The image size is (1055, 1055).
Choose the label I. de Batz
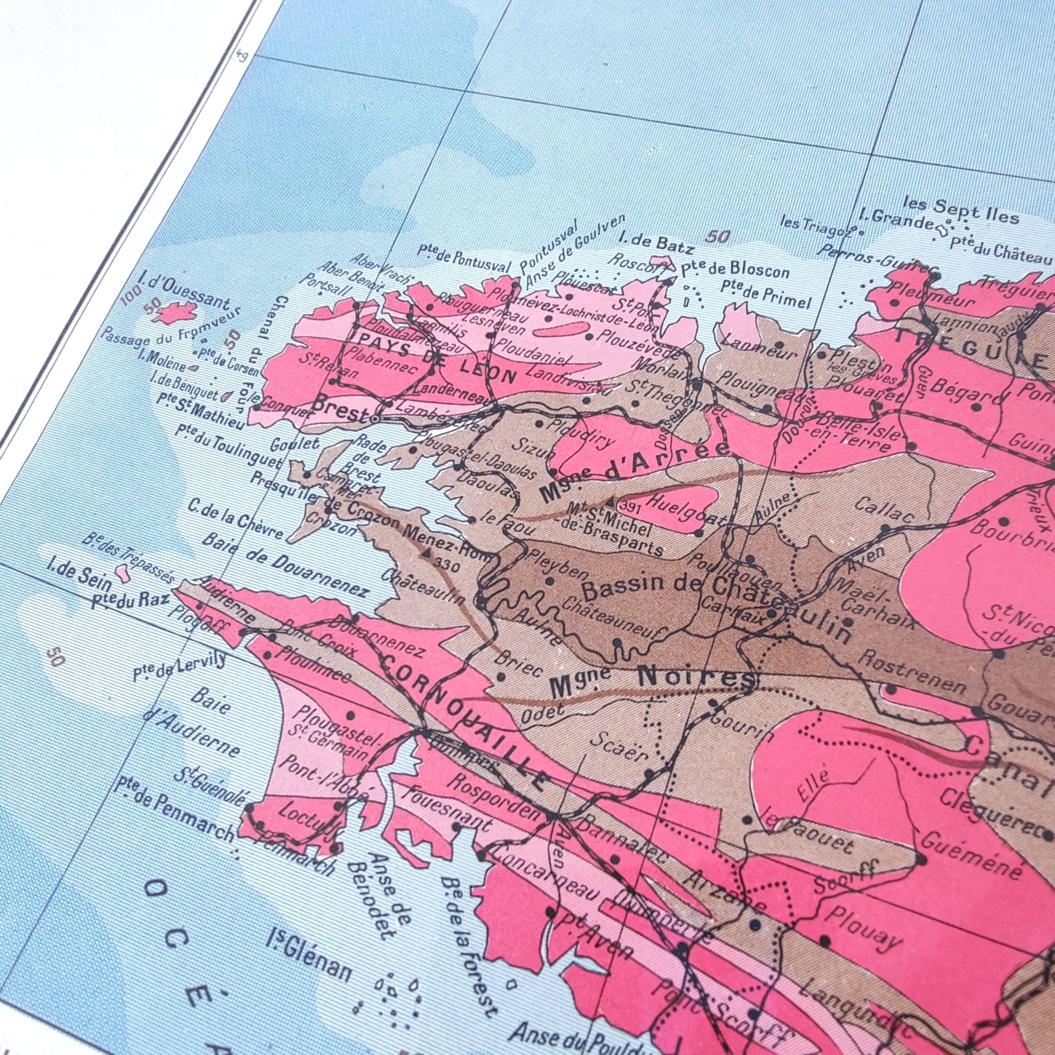657,243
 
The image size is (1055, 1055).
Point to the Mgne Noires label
653,681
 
